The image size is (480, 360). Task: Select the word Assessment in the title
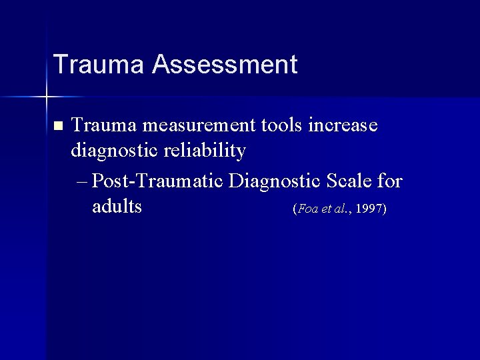coord(224,65)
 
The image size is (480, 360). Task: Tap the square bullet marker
coord(57,125)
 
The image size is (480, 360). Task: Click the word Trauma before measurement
coord(103,125)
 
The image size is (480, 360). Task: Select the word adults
coord(117,207)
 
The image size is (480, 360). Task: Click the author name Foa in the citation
coord(309,209)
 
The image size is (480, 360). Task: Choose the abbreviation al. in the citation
coord(341,209)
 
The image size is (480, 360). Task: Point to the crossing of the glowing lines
coord(47,97)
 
